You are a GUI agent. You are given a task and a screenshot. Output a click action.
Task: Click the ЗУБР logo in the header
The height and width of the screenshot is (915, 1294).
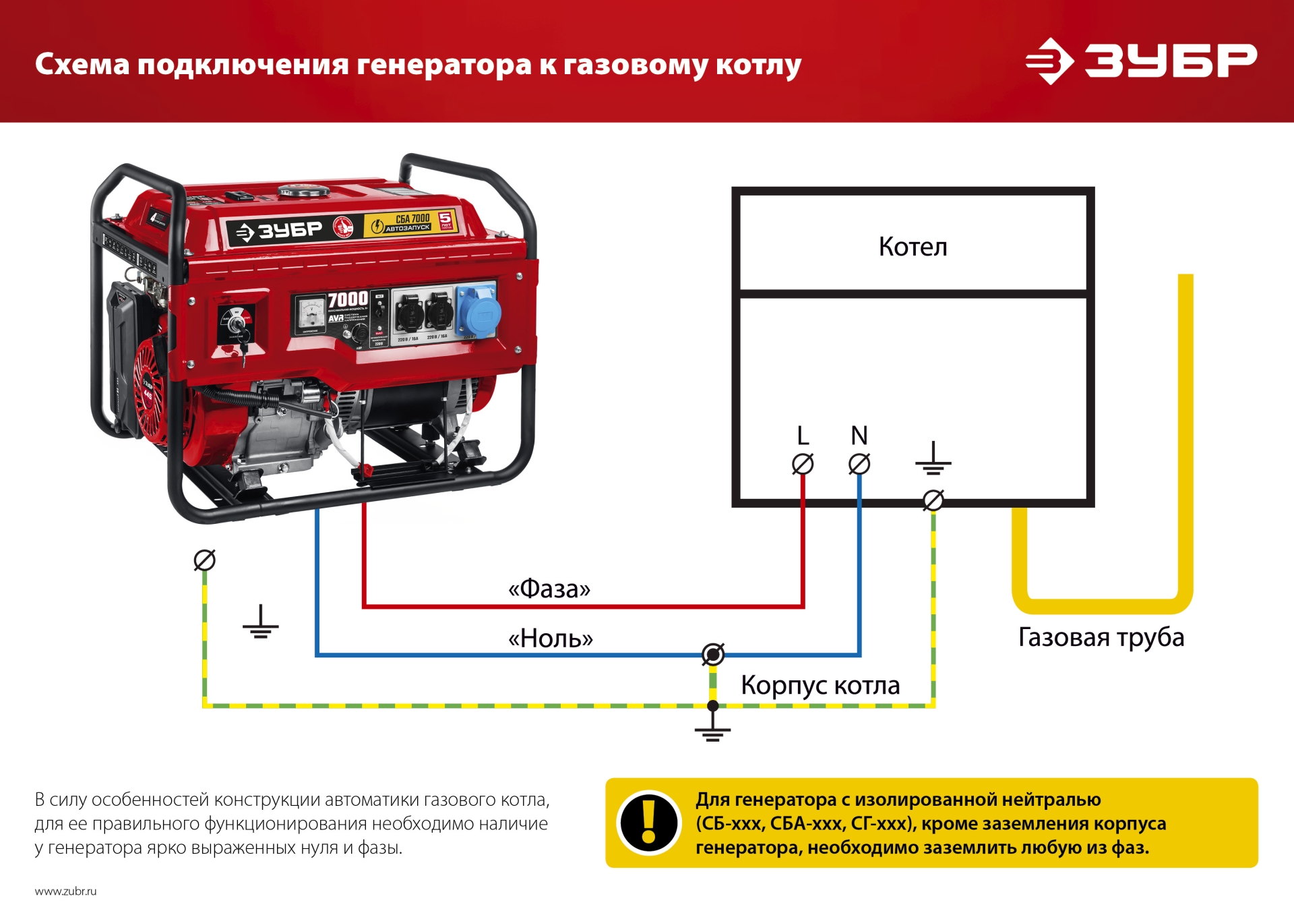1140,61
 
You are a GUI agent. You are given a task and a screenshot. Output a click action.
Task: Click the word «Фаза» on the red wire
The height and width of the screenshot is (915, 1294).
549,589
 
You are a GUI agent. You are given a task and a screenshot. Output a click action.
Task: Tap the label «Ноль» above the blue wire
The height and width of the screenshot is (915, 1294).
550,638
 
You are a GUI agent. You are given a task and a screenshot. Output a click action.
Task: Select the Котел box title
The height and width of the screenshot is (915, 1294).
913,247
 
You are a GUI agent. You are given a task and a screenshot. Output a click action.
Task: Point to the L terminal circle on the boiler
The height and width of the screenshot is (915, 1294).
802,464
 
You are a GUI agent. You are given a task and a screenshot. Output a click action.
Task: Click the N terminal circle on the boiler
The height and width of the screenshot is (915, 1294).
859,464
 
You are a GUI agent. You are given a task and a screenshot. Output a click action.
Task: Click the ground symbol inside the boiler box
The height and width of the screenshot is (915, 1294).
933,460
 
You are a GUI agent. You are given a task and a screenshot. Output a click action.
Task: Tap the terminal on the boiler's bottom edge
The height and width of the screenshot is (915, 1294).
933,500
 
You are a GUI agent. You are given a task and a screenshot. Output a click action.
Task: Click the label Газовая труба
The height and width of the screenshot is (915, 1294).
1101,637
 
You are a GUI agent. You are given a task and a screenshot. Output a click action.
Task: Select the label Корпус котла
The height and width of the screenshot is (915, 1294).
820,685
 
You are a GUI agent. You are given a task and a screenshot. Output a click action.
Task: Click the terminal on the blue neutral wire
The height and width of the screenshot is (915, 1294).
712,654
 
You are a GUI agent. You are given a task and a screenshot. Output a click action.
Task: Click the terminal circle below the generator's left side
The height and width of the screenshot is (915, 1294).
204,560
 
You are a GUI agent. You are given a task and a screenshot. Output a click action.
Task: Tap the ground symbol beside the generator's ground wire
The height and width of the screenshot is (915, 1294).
260,624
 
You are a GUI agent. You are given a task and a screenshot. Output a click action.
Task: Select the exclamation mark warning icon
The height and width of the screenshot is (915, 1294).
648,823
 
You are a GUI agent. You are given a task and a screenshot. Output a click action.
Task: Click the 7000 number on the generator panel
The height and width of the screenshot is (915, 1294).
348,299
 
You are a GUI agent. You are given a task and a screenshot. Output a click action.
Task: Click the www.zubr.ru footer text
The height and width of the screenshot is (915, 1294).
65,891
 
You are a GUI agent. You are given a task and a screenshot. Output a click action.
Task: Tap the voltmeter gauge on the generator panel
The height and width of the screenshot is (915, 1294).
311,313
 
